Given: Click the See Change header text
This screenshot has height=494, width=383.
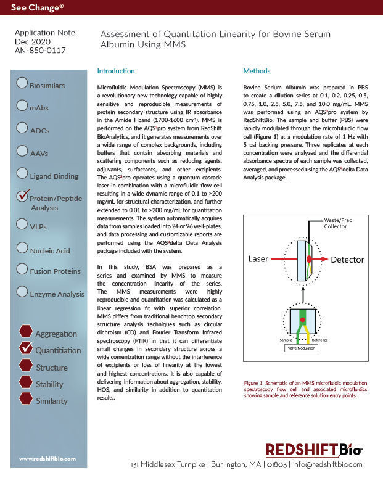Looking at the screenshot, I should pos(36,8).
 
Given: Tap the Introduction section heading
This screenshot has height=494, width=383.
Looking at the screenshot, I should pos(116,71).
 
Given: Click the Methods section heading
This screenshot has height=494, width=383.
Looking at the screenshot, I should pos(257,71).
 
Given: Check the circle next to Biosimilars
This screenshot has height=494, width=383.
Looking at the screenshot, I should pos(22,83).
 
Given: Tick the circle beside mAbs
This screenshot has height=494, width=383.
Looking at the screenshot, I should pos(22,105).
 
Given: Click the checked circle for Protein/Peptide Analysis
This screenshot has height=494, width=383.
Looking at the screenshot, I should pos(23,197).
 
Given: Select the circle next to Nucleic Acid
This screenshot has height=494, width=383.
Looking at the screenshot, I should pos(22,248).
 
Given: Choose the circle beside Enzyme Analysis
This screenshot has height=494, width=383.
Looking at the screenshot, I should pos(22,291).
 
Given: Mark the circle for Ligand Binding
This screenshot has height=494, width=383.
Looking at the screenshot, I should pos(22,174).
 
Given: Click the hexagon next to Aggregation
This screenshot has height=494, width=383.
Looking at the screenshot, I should pos(25,332).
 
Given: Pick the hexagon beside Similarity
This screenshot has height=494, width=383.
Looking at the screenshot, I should pos(25,399).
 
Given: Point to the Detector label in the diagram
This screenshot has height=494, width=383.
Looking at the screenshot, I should pos(347,260).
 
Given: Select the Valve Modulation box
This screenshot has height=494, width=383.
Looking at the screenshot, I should pos(300,348).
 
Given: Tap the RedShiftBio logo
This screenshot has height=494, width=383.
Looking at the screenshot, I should pos(313,450).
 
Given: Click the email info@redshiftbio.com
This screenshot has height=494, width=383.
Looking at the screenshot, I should pos(327,464).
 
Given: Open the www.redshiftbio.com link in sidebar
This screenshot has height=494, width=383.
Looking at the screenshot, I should pos(47,459).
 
